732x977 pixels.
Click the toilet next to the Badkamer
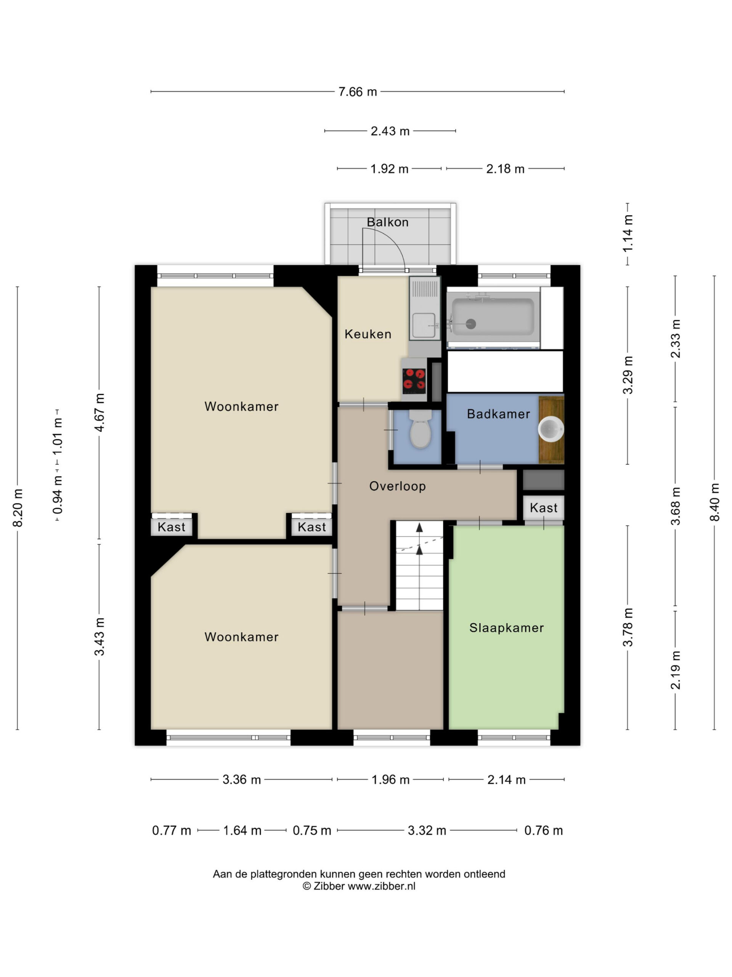tap(420, 429)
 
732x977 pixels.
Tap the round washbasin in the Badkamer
tap(551, 429)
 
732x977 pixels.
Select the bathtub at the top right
tap(493, 317)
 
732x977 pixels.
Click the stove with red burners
tap(414, 379)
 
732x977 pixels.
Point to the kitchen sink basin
tap(424, 325)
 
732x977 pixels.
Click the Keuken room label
tap(368, 334)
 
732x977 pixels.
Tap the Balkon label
tap(387, 222)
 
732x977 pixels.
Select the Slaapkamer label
tap(507, 628)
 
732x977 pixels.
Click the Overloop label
tap(398, 486)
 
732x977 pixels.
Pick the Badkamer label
tap(499, 414)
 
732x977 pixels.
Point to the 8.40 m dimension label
tap(715, 502)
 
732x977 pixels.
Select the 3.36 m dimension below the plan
tap(242, 780)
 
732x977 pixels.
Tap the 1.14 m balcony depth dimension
tap(628, 234)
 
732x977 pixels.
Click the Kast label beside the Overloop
tap(544, 508)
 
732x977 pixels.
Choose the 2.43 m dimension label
tap(390, 131)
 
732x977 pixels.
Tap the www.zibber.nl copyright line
tap(359, 886)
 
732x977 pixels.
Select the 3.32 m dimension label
tap(427, 830)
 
